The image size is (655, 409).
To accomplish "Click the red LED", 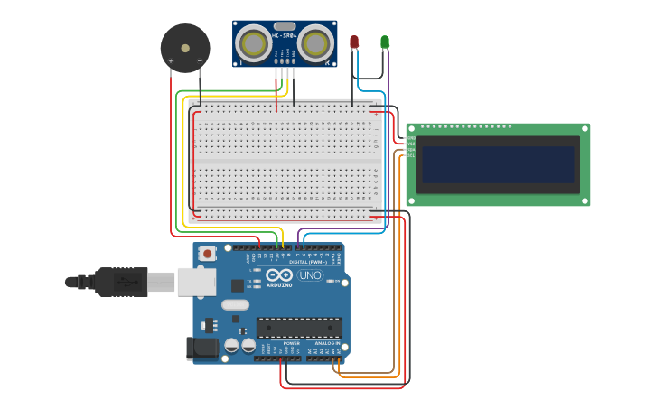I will point(354,42).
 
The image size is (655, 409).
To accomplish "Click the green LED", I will point(385,42).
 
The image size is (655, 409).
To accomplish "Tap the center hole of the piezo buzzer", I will point(185,48).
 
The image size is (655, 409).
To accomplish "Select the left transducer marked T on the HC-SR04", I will point(255,43).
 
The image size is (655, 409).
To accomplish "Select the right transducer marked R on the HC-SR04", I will point(315,43).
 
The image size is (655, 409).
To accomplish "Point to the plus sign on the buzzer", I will point(171,61).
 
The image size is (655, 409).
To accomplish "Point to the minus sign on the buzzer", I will point(200,61).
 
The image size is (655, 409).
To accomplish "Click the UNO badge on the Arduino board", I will point(310,274).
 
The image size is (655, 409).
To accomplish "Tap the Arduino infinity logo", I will point(279,274).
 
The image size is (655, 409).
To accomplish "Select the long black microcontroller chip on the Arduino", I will point(299,328).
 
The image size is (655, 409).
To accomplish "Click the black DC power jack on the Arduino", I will point(201,349).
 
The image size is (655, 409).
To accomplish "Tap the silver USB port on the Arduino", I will point(196,282).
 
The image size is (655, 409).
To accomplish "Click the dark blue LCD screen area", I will point(498,165).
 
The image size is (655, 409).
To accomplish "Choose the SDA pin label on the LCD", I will point(411,149).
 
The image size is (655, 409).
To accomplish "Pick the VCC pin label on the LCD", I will point(411,144).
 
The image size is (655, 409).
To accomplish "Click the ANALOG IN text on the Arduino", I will point(327,343).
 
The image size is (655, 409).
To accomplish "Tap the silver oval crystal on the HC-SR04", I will point(285,26).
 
